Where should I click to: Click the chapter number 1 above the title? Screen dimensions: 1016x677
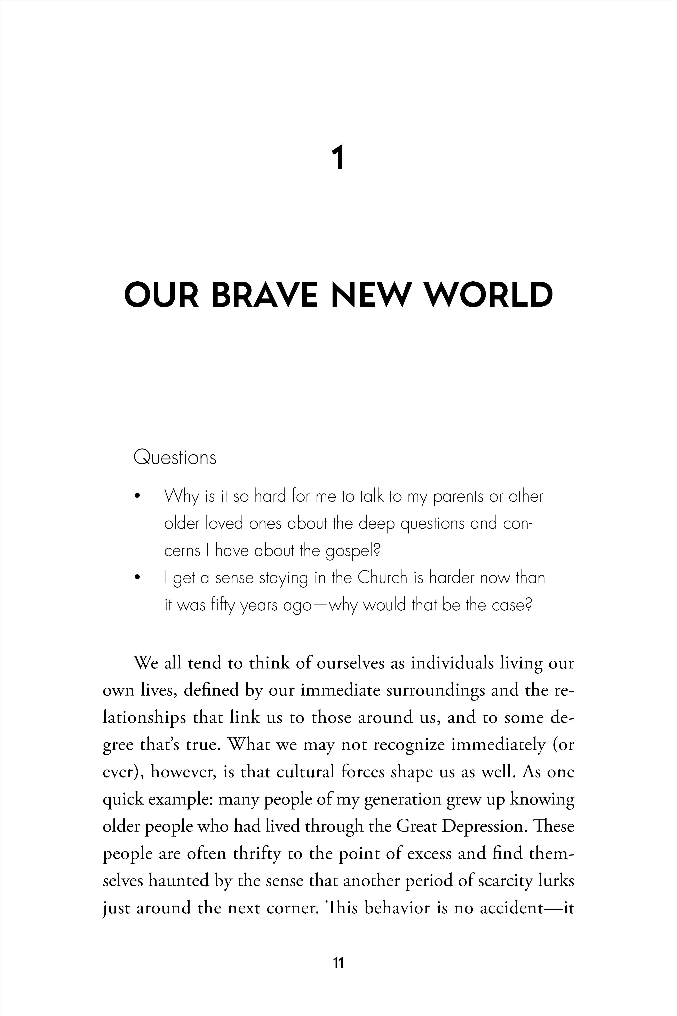tap(338, 158)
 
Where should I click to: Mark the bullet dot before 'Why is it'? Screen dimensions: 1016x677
tap(138, 496)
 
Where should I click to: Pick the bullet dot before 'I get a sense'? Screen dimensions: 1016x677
tap(138, 578)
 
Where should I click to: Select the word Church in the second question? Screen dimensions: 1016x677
tap(383, 578)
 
